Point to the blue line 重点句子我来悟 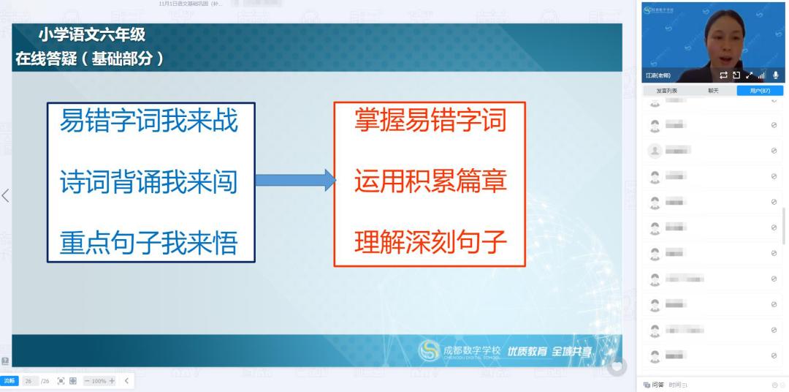tap(149, 242)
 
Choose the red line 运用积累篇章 tap(430, 181)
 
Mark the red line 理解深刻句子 tap(430, 241)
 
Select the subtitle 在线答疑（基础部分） tap(88, 59)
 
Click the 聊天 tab tap(713, 91)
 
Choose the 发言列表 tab tap(666, 91)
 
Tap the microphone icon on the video tap(775, 75)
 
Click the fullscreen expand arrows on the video tap(749, 75)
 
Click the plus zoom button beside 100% tap(112, 381)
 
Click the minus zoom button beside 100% tap(87, 381)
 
